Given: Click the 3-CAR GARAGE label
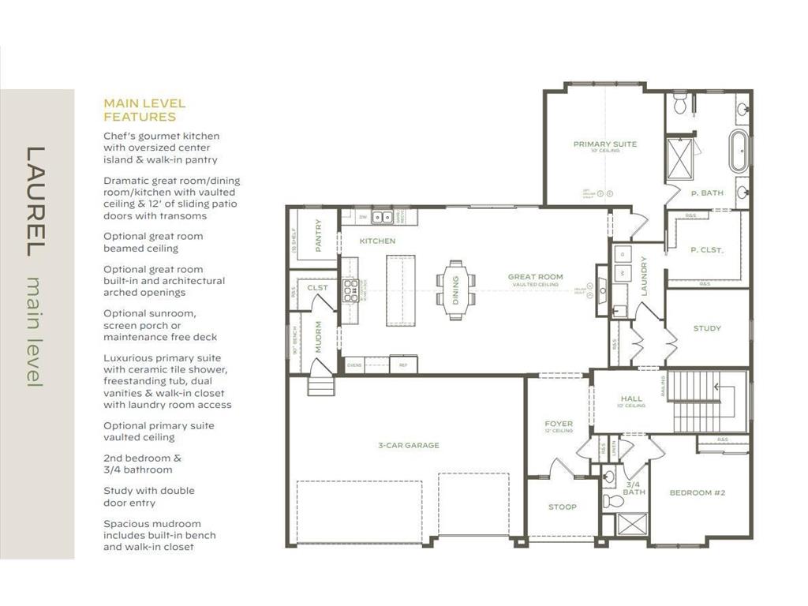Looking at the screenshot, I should (x=408, y=446).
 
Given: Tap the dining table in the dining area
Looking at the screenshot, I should (x=456, y=290).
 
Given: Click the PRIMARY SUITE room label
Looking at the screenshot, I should (x=604, y=144).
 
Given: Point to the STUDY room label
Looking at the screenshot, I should (x=707, y=328).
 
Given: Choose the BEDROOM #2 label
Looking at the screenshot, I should (x=697, y=493).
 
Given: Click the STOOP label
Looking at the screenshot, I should (x=562, y=507).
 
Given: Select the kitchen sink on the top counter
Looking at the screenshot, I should (x=382, y=217).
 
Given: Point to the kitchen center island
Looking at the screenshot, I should (x=400, y=290).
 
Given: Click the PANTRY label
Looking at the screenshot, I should (x=319, y=235).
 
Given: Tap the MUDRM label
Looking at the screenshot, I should (x=318, y=338).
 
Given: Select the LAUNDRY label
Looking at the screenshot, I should (x=644, y=276).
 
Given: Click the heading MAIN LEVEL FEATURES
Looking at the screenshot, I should (x=144, y=110).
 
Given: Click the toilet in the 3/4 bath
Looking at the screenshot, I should (x=612, y=501).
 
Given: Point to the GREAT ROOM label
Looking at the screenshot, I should (x=535, y=277).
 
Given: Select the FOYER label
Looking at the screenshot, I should (x=559, y=425).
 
